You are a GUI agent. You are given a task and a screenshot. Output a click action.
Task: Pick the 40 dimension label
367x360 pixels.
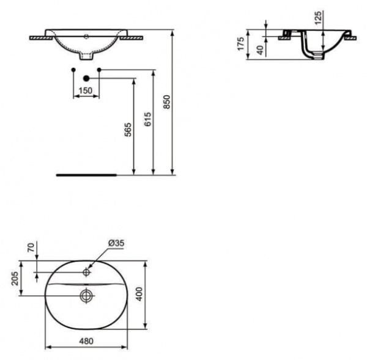(x=260, y=50)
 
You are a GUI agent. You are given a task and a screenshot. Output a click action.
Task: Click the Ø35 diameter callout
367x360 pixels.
(x=116, y=243)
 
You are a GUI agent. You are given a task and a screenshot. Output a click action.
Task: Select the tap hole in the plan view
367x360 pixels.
(x=87, y=270)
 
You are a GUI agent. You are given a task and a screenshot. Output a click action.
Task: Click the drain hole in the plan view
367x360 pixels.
(x=86, y=296)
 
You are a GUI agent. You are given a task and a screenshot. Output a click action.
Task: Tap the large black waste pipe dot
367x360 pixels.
(x=86, y=78)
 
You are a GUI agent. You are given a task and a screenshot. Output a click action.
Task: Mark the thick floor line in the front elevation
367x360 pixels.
(x=86, y=174)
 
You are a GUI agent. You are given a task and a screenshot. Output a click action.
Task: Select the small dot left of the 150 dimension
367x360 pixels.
(x=73, y=69)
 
